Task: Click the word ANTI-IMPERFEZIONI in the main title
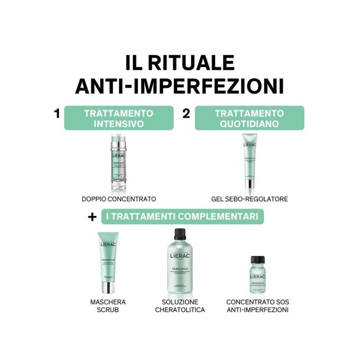tap(180, 86)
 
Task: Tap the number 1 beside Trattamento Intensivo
tap(57, 114)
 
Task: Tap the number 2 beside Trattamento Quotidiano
tap(186, 114)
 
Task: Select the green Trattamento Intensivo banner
tap(119, 118)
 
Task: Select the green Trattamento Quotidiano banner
tap(249, 118)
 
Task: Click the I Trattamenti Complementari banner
tap(182, 216)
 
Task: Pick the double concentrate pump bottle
tap(118, 163)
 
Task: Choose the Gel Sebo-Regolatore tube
tap(249, 161)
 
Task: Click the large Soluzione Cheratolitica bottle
tap(180, 265)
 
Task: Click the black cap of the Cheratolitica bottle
tap(180, 234)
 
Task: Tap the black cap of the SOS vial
tap(258, 260)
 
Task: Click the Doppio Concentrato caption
tap(119, 199)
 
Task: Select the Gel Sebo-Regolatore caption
tap(249, 199)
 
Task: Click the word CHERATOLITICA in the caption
tap(180, 310)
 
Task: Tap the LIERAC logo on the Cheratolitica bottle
tap(180, 256)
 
